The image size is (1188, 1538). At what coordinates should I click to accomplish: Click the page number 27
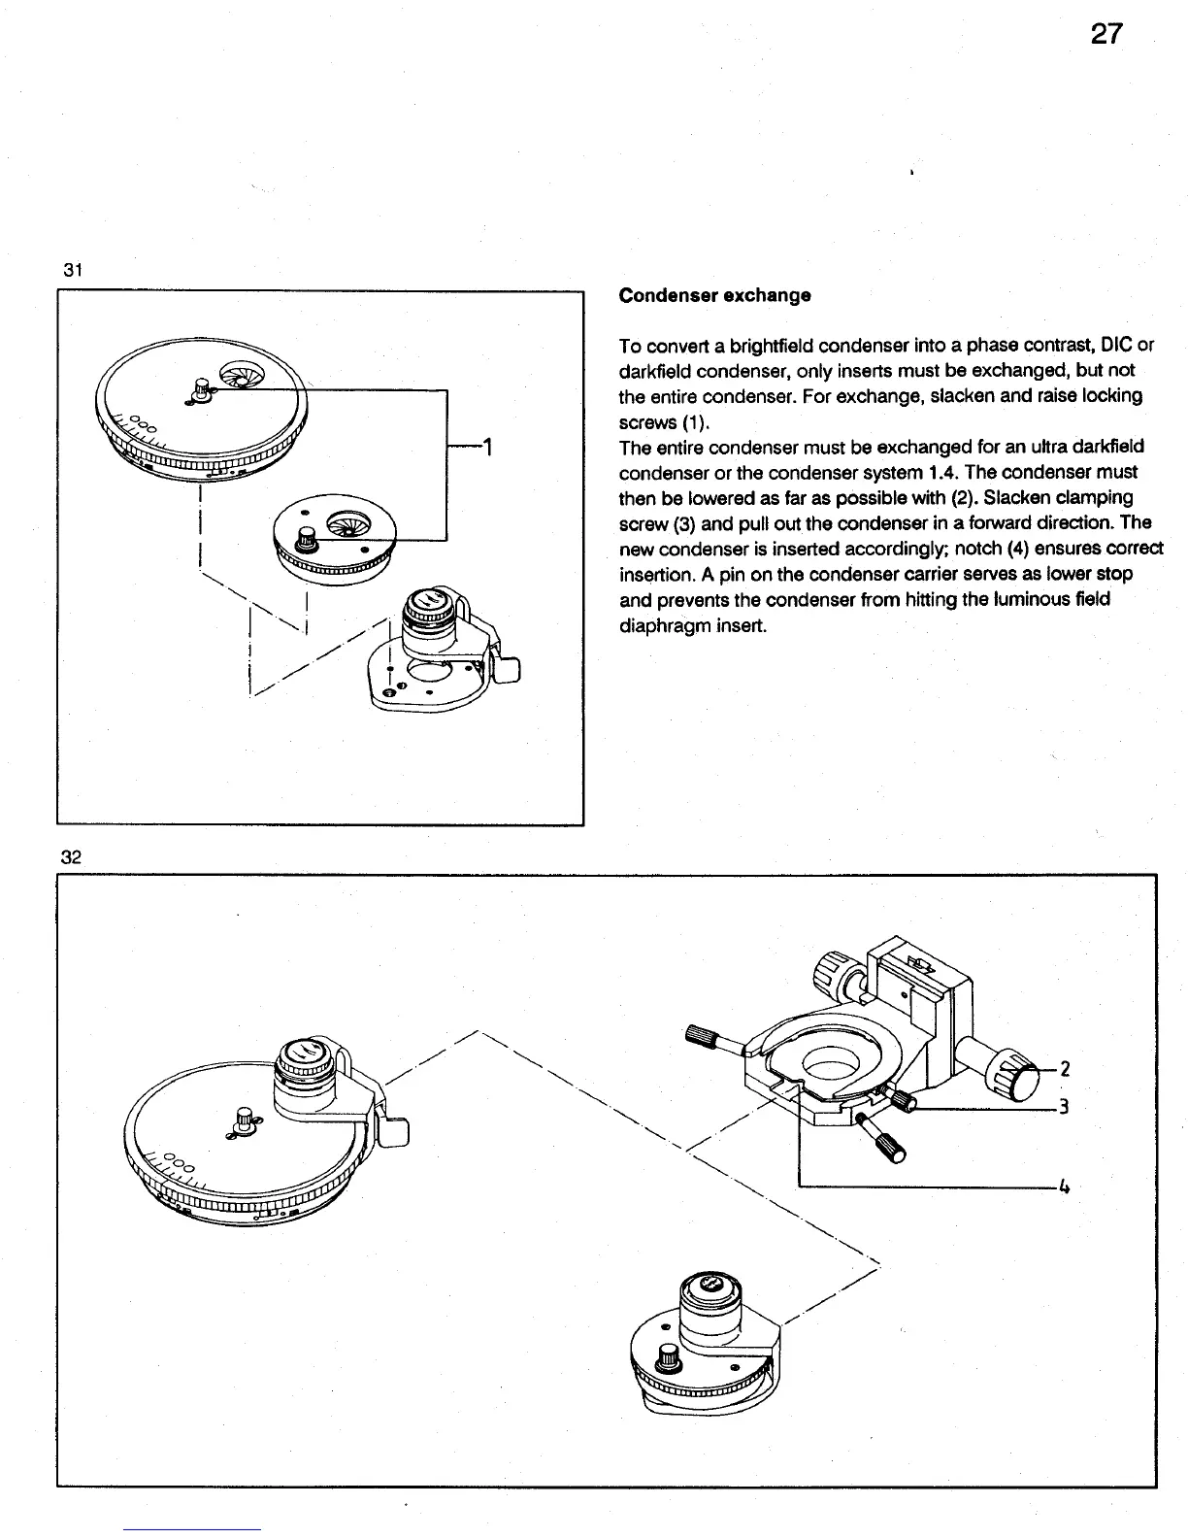(x=1105, y=35)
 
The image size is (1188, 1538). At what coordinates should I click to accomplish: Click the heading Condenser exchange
(x=714, y=295)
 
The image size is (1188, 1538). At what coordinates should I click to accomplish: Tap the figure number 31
(x=71, y=272)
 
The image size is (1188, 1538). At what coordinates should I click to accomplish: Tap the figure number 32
(x=70, y=856)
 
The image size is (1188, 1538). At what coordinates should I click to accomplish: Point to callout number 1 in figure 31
(x=489, y=448)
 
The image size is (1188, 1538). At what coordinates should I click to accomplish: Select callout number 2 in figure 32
(x=1065, y=1069)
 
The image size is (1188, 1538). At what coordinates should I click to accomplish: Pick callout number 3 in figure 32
(x=1065, y=1107)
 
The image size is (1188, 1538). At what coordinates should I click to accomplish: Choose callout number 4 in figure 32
(x=1065, y=1187)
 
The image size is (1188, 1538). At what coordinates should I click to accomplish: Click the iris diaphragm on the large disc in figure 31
(x=238, y=375)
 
